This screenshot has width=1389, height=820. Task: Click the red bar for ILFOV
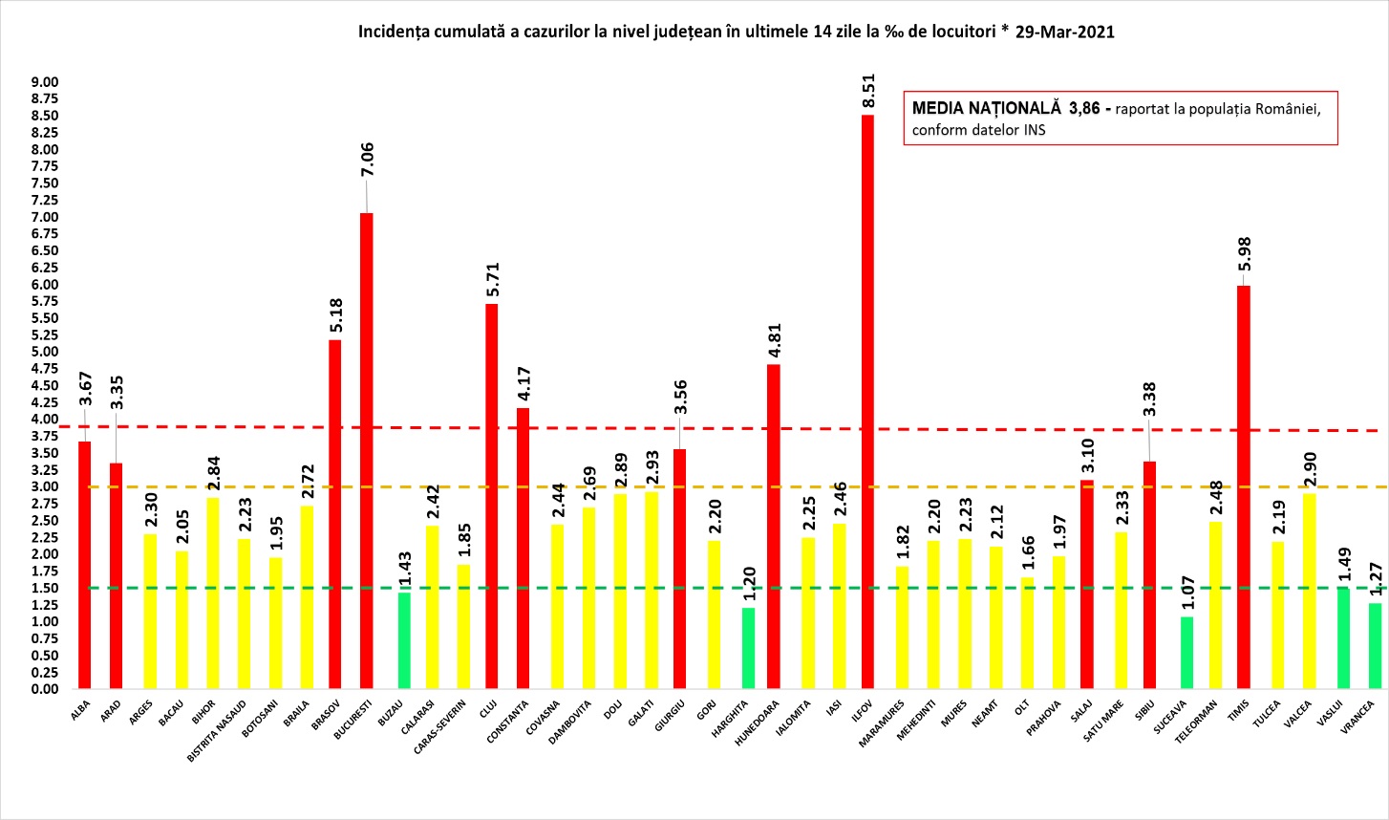(867, 401)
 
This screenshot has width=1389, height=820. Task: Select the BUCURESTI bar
(366, 450)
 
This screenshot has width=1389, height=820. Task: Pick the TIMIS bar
(1243, 486)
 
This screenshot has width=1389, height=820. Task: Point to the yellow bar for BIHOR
(212, 593)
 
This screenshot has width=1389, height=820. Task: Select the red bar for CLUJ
(491, 496)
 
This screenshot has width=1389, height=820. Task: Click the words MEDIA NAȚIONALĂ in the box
(986, 108)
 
